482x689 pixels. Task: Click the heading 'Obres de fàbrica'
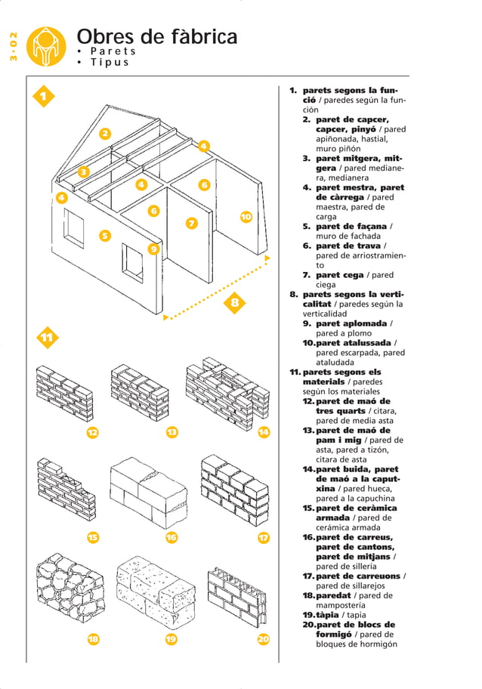coord(156,36)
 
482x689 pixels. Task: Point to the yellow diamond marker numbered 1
coord(45,97)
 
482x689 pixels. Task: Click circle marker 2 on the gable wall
coord(105,134)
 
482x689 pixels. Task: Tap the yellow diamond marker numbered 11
coord(47,337)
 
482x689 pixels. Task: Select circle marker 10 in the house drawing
coord(246,218)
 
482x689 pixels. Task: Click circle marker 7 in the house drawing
coord(192,223)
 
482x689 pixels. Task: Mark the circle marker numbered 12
coord(92,432)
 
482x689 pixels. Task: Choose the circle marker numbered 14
coord(264,432)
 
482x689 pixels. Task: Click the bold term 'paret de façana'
coord(351,226)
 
